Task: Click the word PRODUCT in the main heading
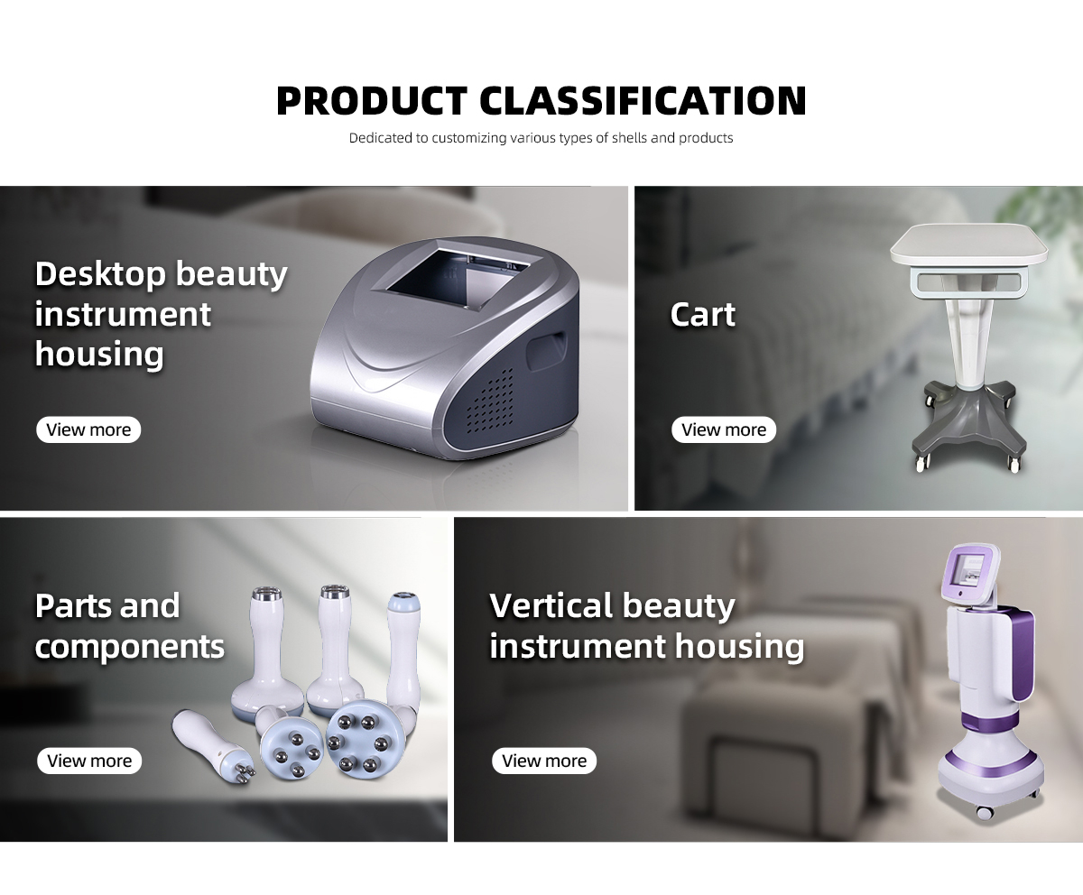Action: coord(372,100)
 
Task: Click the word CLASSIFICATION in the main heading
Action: coord(643,100)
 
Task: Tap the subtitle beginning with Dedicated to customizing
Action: coord(541,138)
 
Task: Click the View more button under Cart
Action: coord(724,429)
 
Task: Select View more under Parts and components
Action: coord(89,761)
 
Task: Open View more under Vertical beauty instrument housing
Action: coord(544,761)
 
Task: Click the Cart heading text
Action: coord(703,314)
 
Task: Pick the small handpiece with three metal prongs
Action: coord(213,745)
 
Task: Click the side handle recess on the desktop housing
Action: coord(546,351)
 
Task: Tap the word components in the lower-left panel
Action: coord(130,648)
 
